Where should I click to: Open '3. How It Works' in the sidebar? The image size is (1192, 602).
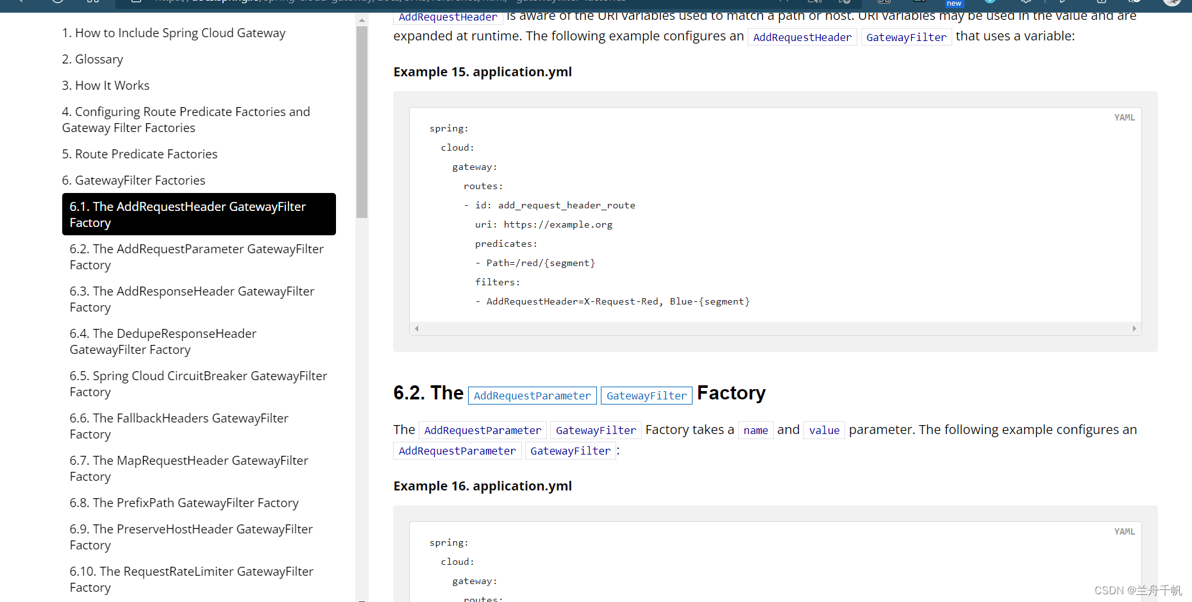click(x=112, y=86)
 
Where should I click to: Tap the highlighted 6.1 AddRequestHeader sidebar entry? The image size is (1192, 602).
click(x=199, y=214)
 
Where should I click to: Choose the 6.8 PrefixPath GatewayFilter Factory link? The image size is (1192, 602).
click(x=184, y=503)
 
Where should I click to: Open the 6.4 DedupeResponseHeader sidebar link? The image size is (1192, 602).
click(x=163, y=342)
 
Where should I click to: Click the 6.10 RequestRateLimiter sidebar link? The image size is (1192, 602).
click(x=191, y=580)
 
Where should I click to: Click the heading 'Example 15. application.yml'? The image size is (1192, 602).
click(x=482, y=72)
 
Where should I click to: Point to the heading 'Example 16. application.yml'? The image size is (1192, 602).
click(x=482, y=486)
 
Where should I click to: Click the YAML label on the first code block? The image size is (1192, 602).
click(x=1124, y=117)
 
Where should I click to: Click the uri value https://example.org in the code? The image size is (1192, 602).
click(x=558, y=224)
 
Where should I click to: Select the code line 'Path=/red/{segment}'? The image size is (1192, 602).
click(x=541, y=263)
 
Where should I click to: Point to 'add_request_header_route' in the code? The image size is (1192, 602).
click(x=567, y=205)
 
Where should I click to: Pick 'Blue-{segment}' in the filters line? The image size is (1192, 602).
click(x=710, y=301)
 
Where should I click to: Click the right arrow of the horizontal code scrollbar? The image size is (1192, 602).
click(x=1134, y=328)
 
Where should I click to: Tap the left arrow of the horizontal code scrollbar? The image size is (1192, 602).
click(x=417, y=328)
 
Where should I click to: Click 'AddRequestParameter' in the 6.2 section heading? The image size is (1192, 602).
click(x=532, y=396)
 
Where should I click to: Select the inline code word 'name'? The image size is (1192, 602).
click(x=755, y=430)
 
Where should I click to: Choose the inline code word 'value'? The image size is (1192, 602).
click(x=824, y=430)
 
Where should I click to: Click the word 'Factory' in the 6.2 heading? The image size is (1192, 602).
click(x=731, y=393)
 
